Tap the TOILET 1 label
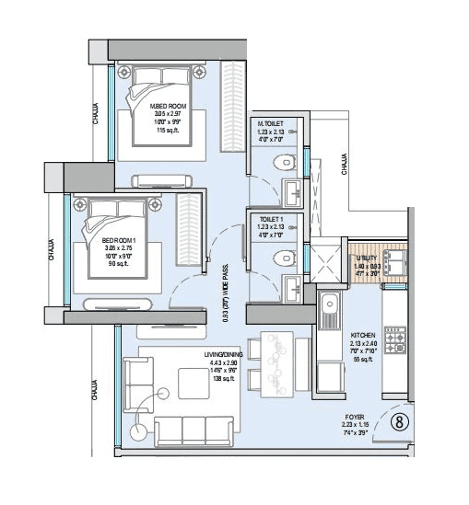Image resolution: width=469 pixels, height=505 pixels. pos(270,218)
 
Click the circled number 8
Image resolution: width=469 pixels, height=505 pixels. pos(400,422)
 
